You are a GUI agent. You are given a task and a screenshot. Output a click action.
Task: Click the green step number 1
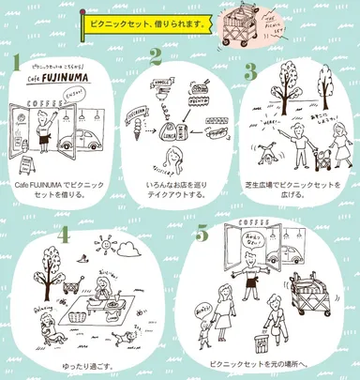(16, 63)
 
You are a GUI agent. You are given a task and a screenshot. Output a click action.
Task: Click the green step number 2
(157, 56)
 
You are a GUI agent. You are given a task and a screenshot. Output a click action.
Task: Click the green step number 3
(250, 68)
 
